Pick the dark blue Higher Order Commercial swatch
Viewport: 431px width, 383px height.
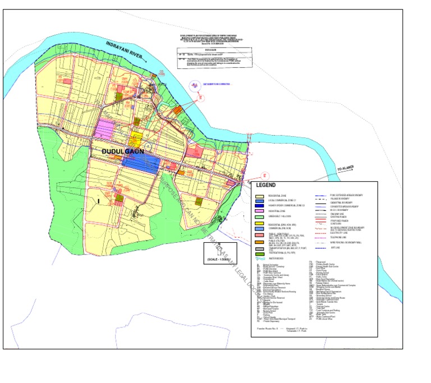260,206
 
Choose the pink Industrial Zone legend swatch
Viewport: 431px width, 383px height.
260,211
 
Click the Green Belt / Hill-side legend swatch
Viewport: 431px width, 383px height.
260,217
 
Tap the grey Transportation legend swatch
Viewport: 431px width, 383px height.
260,248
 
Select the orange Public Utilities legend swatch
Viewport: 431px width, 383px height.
260,242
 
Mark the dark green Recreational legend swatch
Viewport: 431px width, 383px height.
260,255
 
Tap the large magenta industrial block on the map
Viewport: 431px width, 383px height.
105,128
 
